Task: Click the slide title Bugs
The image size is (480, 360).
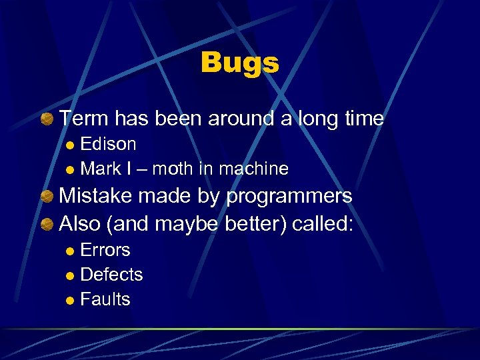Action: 239,63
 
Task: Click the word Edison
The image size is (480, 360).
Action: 108,144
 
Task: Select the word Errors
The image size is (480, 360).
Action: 105,251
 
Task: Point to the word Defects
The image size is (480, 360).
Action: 111,275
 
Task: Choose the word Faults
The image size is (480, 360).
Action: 105,299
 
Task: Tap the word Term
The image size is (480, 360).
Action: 84,119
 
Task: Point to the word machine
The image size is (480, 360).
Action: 255,169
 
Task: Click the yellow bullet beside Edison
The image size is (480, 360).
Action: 71,145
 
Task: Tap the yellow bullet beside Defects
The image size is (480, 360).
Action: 71,275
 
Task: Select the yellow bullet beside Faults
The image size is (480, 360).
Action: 71,300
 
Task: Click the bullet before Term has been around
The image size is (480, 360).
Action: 47,119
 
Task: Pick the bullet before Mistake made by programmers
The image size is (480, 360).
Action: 47,197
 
